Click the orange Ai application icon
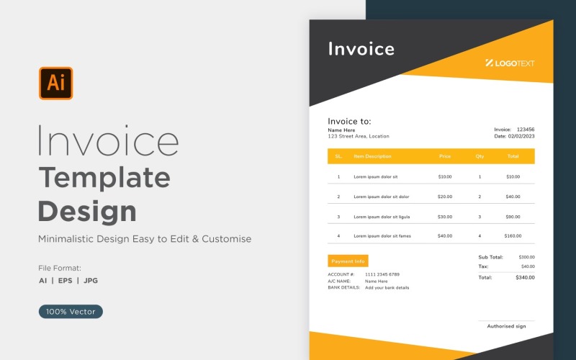[55, 83]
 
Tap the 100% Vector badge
[71, 312]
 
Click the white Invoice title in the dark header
[361, 49]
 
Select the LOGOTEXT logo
[510, 63]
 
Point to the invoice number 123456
[526, 129]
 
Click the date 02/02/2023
[521, 136]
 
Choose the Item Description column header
[372, 156]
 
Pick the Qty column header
[480, 156]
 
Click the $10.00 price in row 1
[445, 176]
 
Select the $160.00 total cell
[513, 235]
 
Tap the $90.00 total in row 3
[513, 216]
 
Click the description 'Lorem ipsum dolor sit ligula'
[382, 216]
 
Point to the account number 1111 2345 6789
[382, 274]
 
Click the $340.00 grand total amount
[525, 277]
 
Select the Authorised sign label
[506, 326]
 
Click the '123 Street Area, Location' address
[358, 136]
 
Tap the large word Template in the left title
[104, 176]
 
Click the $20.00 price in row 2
[445, 197]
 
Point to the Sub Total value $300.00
[527, 257]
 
